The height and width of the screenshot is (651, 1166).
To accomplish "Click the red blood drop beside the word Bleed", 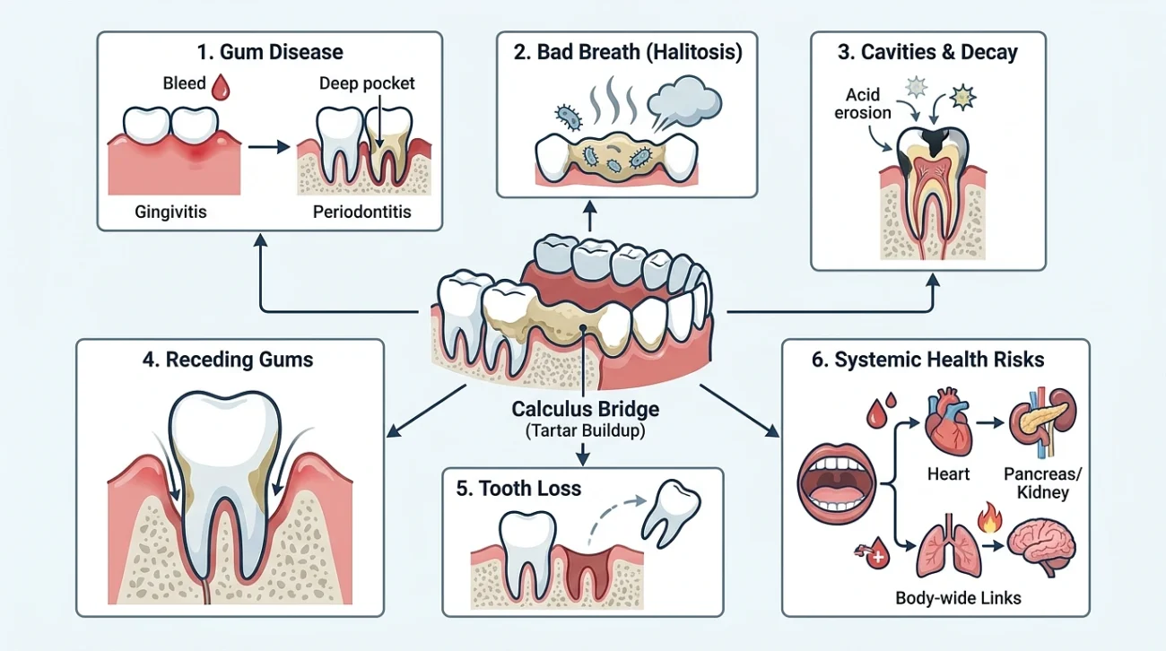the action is (221, 86).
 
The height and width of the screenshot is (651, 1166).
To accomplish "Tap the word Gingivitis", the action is (170, 212).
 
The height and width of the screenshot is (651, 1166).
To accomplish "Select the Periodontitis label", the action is (361, 212).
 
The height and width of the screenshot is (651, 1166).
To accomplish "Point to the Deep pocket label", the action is (367, 83).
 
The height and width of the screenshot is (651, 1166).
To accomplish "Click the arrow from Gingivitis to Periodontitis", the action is (268, 147).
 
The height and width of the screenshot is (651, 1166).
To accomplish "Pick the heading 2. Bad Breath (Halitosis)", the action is (628, 52).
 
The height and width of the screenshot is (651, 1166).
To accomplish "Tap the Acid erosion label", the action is (863, 103).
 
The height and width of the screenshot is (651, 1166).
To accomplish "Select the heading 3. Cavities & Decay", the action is (927, 52).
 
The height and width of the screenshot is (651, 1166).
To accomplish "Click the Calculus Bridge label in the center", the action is (585, 409).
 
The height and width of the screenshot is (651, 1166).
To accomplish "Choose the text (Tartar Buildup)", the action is (585, 431).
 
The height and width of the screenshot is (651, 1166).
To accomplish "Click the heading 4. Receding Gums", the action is (228, 360).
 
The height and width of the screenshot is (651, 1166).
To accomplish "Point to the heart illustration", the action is (949, 422).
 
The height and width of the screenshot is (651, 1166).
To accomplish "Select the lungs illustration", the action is (949, 545).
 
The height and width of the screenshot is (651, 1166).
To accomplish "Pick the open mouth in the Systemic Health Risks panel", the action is (837, 483).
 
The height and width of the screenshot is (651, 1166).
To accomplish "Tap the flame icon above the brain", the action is (989, 517).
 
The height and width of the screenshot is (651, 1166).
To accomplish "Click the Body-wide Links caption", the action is (958, 598).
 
